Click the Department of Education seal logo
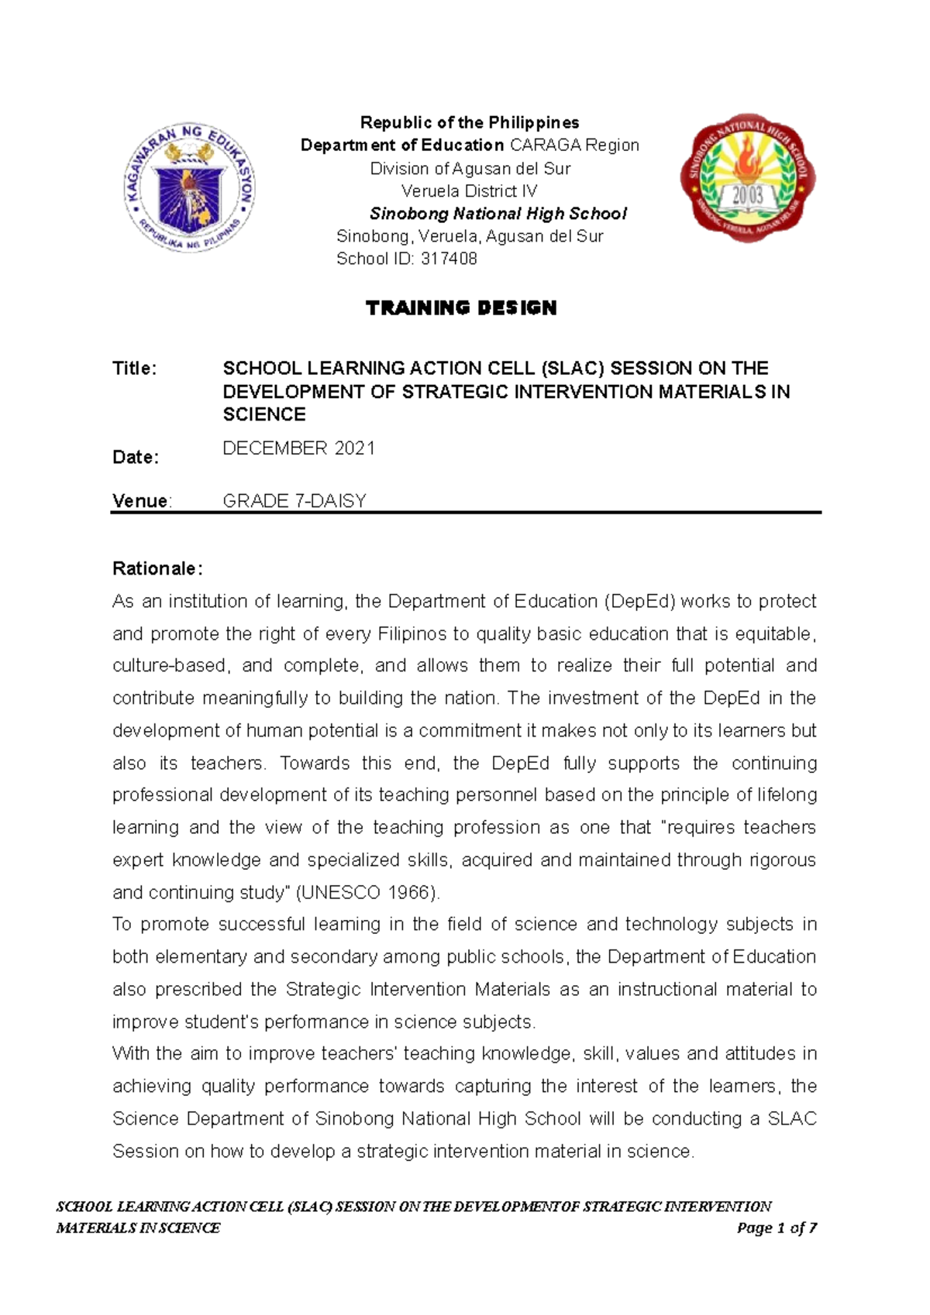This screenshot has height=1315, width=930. [x=190, y=187]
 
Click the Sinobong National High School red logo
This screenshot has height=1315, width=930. [x=747, y=177]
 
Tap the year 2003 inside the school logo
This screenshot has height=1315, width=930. [x=748, y=195]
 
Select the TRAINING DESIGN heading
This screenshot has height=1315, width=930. [x=461, y=308]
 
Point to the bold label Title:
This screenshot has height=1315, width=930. [x=135, y=369]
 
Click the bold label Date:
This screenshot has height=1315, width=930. [x=136, y=457]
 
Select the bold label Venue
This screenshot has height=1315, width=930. [x=140, y=501]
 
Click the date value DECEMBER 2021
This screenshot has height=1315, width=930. [x=298, y=448]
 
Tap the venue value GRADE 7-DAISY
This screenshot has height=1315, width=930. [x=294, y=501]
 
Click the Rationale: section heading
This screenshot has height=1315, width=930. [x=157, y=568]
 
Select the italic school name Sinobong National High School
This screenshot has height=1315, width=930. [x=498, y=214]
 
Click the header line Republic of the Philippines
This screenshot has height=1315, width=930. [x=470, y=122]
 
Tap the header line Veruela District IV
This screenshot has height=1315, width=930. [x=469, y=191]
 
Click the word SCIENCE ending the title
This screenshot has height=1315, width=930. [x=264, y=414]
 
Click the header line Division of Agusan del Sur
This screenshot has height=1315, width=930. [x=470, y=168]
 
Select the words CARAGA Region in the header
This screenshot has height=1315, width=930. [x=574, y=145]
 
